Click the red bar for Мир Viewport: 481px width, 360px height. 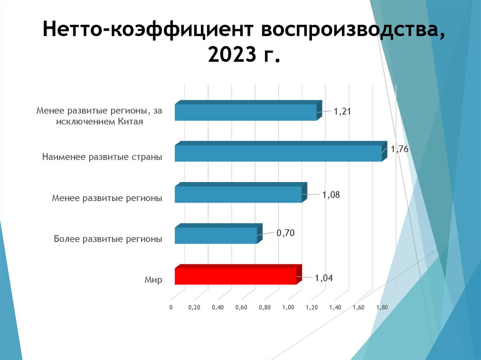(236, 276)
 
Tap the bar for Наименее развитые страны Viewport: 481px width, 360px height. (278, 153)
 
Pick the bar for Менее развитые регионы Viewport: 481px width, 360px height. (238, 194)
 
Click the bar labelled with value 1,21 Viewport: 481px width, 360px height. (246, 112)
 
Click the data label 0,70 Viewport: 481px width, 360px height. (285, 232)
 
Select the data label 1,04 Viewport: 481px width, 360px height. (324, 278)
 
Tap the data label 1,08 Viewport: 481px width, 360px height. (331, 194)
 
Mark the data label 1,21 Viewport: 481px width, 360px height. (342, 112)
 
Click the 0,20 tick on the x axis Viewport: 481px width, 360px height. (194, 307)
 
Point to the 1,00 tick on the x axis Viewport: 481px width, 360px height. (288, 307)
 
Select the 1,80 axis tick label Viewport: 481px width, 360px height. (382, 307)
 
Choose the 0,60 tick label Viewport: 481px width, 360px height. (241, 307)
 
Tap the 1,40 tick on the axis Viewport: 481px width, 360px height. (335, 307)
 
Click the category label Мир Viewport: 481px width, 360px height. (153, 280)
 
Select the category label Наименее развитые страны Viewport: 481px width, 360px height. (102, 157)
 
